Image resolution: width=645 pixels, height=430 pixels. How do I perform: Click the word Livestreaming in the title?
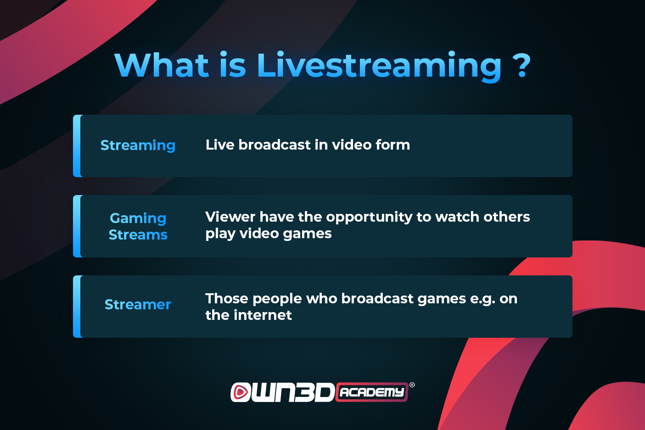[378, 66]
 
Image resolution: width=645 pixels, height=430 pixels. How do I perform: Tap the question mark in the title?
[522, 66]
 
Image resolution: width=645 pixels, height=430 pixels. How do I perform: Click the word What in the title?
[161, 65]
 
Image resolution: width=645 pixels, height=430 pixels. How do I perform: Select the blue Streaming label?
[138, 145]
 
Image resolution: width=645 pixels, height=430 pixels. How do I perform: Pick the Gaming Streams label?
[138, 227]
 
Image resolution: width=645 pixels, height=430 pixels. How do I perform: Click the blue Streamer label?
[138, 304]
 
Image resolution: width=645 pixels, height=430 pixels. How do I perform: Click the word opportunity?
[369, 218]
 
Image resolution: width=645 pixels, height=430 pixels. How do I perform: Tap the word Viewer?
[230, 217]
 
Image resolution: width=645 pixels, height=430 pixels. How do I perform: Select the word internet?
[263, 315]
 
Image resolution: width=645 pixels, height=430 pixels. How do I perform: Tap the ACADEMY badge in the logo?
[372, 392]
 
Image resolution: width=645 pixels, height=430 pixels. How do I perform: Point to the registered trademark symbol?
[412, 385]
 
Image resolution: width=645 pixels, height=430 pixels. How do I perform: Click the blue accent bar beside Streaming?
[77, 146]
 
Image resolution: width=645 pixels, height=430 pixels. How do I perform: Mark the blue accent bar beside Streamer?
[77, 307]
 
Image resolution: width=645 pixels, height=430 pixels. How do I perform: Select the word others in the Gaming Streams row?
[506, 217]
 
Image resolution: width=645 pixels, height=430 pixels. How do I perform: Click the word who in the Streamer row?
[322, 298]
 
